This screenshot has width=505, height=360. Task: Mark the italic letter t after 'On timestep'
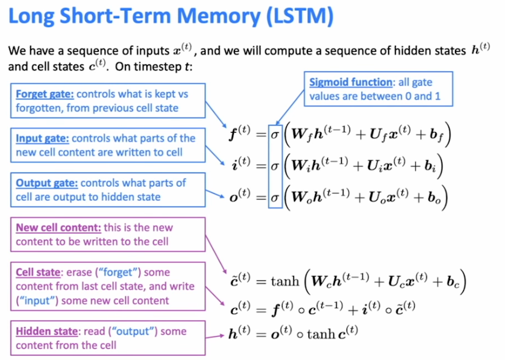click(188, 66)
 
